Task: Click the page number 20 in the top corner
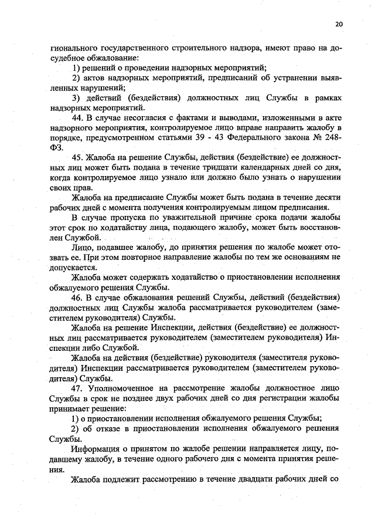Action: click(339, 24)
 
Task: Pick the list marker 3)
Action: click(76, 98)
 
